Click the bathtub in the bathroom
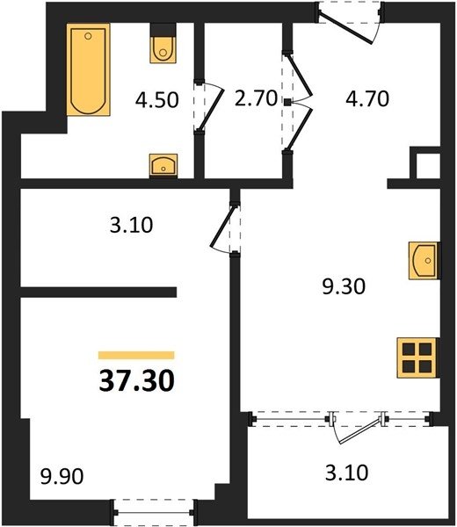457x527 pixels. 89,69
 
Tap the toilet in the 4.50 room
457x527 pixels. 163,43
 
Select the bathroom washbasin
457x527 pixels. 163,165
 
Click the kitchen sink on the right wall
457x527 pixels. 424,260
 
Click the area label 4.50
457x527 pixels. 156,100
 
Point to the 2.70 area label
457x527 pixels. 256,98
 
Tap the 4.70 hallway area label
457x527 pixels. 367,98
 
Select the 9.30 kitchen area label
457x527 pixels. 344,287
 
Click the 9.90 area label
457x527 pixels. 62,476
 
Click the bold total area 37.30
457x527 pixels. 137,381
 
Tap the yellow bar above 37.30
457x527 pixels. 136,355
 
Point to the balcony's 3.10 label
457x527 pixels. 346,473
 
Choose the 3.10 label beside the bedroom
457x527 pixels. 131,225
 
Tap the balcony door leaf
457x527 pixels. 360,431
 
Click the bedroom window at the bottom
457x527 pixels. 154,513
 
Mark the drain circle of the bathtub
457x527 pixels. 88,36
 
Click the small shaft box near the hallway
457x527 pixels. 428,166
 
